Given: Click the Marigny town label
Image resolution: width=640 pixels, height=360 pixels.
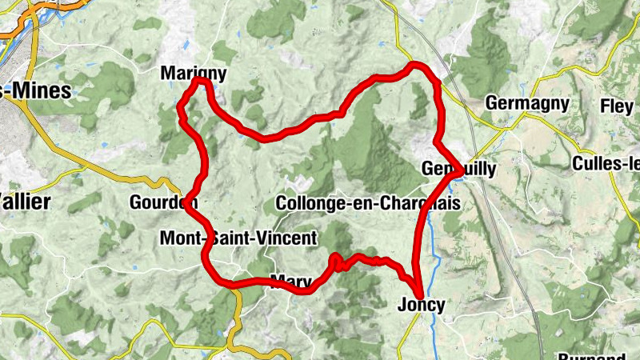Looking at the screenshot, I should point(194,74).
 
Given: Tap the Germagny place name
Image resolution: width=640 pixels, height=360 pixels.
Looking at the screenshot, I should point(527,103).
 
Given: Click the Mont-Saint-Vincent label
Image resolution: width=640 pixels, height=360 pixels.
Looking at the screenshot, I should point(238,238).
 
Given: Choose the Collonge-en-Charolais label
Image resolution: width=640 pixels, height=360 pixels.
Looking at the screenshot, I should point(367,203).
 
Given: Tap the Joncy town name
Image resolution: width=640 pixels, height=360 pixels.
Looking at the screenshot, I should point(421,305).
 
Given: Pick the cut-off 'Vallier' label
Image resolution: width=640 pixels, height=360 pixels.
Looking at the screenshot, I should point(24,200).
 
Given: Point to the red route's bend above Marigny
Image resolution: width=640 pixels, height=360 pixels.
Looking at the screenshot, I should point(200,81).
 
